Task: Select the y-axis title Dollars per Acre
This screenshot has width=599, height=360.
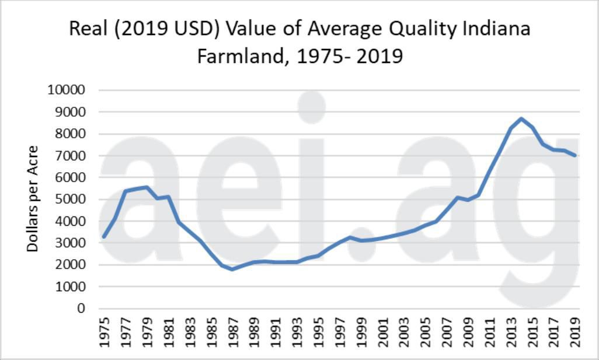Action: pyautogui.click(x=33, y=199)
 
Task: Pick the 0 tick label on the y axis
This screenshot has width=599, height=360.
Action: pyautogui.click(x=82, y=309)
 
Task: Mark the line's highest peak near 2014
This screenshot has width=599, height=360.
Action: pyautogui.click(x=521, y=118)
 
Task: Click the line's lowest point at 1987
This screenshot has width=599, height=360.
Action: pyautogui.click(x=232, y=269)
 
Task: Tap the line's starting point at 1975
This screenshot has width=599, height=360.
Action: pyautogui.click(x=104, y=237)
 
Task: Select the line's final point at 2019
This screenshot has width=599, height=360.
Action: pyautogui.click(x=575, y=155)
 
